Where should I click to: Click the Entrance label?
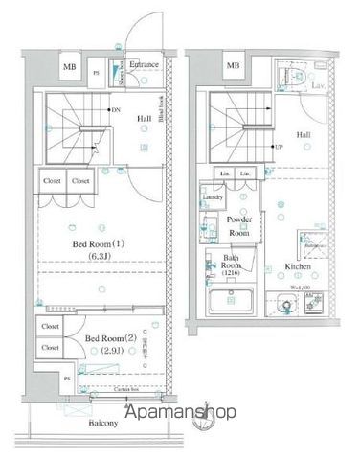coord(144,65)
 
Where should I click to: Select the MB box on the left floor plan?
coord(71,67)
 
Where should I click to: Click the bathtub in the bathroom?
coord(230,306)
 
